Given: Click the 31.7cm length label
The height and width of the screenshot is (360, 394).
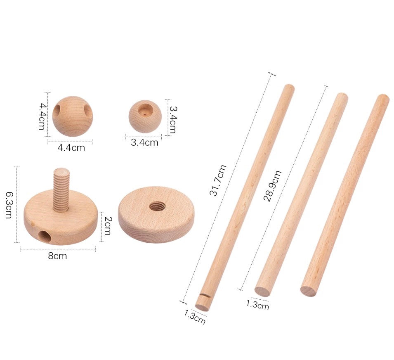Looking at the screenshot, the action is pyautogui.click(x=218, y=180).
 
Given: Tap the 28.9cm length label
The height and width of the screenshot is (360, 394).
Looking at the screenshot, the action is pyautogui.click(x=272, y=186).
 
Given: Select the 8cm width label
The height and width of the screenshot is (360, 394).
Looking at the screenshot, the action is pyautogui.click(x=57, y=256).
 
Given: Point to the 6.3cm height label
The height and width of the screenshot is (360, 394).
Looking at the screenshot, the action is pyautogui.click(x=9, y=205).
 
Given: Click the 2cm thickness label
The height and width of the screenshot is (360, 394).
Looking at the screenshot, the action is pyautogui.click(x=107, y=226).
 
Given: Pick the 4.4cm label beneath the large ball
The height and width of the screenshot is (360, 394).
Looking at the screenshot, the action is pyautogui.click(x=71, y=147).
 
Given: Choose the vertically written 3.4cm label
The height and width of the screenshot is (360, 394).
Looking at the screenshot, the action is pyautogui.click(x=173, y=119).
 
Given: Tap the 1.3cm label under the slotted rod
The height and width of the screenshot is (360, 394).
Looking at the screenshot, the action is pyautogui.click(x=195, y=317).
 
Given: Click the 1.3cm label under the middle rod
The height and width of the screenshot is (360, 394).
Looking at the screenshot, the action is pyautogui.click(x=257, y=305).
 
